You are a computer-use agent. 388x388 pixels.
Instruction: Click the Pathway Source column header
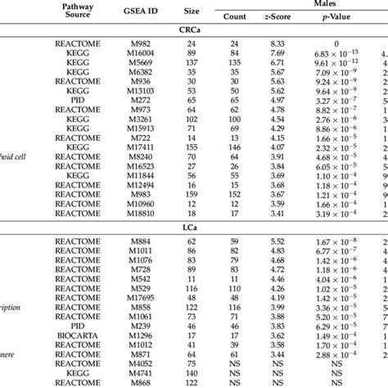[x=78, y=11]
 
